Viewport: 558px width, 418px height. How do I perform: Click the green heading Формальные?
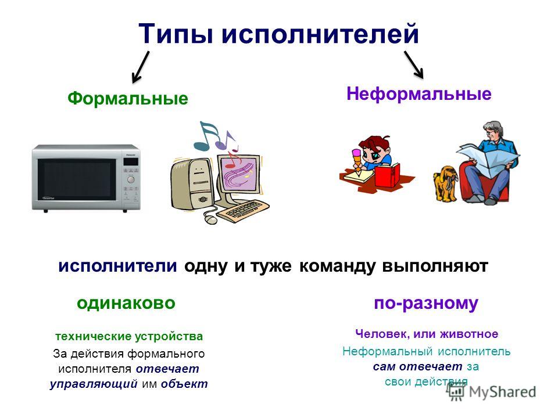click(128, 99)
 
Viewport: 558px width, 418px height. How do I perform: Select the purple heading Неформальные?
click(419, 94)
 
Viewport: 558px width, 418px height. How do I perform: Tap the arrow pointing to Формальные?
click(141, 67)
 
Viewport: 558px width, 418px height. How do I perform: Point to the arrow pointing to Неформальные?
click(414, 64)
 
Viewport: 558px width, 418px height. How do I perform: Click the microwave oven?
click(86, 178)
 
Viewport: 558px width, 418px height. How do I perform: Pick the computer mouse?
click(210, 219)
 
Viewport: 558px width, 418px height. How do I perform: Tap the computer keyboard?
click(243, 211)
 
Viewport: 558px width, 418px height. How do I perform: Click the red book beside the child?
click(388, 175)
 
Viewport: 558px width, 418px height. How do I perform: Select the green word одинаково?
click(126, 303)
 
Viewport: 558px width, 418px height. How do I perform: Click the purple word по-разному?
click(426, 304)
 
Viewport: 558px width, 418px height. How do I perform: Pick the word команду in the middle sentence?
click(337, 266)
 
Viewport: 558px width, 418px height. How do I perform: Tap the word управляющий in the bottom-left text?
click(94, 384)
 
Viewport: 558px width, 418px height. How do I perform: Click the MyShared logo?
click(492, 392)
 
